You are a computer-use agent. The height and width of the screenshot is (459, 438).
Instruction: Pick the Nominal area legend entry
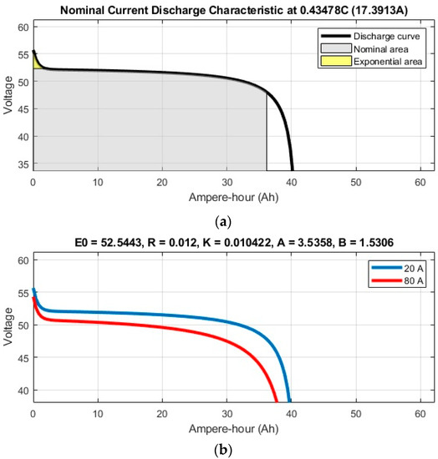(x=374, y=48)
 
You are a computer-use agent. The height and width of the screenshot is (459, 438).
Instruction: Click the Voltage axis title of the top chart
(x=8, y=98)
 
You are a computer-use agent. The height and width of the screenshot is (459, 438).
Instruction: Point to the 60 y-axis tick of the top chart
(x=23, y=28)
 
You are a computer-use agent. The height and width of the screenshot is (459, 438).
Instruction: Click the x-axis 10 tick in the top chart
(x=98, y=183)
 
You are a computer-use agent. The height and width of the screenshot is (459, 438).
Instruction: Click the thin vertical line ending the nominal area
(x=267, y=134)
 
